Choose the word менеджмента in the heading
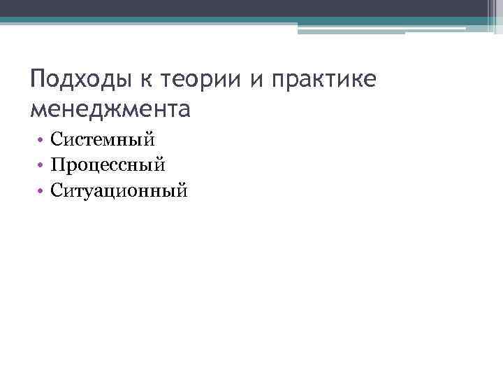(x=110, y=108)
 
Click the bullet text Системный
(x=102, y=140)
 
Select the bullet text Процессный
(x=108, y=164)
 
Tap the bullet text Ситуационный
(x=119, y=189)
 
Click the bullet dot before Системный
(x=41, y=141)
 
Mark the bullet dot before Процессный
(x=41, y=165)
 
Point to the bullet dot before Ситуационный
(x=41, y=190)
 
